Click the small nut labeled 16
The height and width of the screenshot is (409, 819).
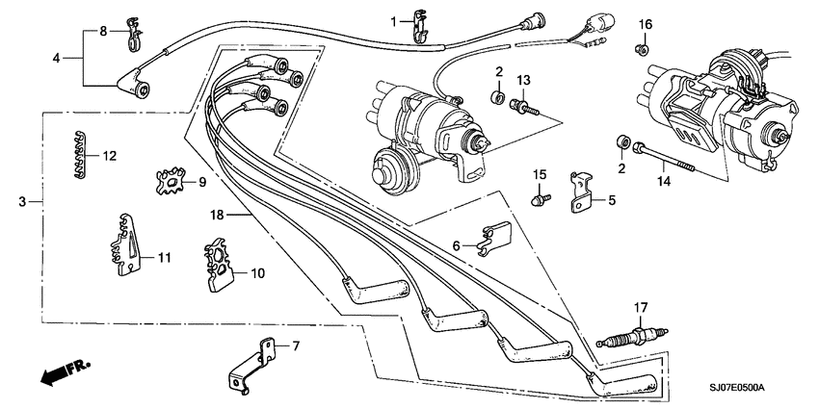pyautogui.click(x=643, y=47)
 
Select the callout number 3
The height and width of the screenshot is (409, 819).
pyautogui.click(x=23, y=202)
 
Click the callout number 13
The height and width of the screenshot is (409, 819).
pyautogui.click(x=524, y=78)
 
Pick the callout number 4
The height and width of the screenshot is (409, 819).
pyautogui.click(x=56, y=59)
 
